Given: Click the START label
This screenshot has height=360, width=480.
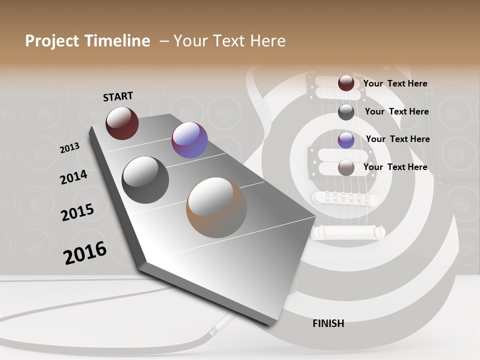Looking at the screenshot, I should [x=118, y=96].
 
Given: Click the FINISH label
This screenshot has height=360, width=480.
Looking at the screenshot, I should [x=328, y=323].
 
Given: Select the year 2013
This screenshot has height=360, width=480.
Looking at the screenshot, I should [x=69, y=148].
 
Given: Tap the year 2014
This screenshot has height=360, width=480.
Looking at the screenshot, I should [x=73, y=177].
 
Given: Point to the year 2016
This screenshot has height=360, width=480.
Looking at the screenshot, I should [x=85, y=252].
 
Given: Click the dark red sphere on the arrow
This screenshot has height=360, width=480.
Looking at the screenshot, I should [x=122, y=123].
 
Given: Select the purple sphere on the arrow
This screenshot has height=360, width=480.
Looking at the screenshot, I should [x=189, y=140].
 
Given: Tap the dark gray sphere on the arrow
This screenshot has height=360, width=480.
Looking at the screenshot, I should [x=145, y=180].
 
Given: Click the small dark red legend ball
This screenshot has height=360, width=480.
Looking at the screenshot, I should [x=346, y=83].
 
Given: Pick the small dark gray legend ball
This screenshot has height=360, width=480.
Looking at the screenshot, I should [x=346, y=112].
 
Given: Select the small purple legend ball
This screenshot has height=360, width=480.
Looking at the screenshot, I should [x=346, y=140].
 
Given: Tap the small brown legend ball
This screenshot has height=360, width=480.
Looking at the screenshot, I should [x=346, y=168].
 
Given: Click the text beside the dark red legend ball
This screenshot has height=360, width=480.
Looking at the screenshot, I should [x=395, y=83].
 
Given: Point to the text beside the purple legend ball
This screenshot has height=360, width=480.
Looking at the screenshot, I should [x=397, y=139].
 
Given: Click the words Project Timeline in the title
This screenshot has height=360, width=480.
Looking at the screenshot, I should [x=87, y=41].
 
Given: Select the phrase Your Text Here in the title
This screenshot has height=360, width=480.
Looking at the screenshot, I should [x=229, y=41].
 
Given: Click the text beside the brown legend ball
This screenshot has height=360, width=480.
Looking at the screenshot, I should [x=395, y=167].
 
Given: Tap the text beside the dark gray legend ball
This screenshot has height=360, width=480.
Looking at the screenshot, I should [x=396, y=111].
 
